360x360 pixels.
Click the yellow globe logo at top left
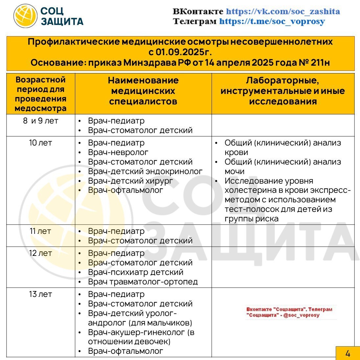tap(25, 16)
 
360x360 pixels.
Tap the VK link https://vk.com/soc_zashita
tap(283, 11)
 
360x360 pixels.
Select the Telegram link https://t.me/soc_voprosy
tap(272, 22)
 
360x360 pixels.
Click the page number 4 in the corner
tap(348, 353)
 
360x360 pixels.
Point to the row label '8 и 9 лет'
tap(40, 121)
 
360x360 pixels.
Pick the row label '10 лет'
tap(40, 143)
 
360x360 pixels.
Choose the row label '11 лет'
tap(40, 231)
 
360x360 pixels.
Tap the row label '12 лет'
tap(40, 253)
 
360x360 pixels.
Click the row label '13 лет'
tap(40, 294)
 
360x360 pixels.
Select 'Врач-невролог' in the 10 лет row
tap(118, 152)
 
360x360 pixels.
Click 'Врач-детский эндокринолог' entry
tap(145, 171)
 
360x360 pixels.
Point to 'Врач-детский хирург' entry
tap(130, 181)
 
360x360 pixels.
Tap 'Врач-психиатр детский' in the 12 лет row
tap(135, 272)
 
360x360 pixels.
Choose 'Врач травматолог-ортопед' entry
tap(143, 282)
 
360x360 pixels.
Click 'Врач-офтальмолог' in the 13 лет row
tap(125, 351)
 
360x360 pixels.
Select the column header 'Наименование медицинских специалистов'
tap(143, 91)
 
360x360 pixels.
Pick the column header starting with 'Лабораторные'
tap(283, 91)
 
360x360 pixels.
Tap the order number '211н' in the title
tap(320, 62)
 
